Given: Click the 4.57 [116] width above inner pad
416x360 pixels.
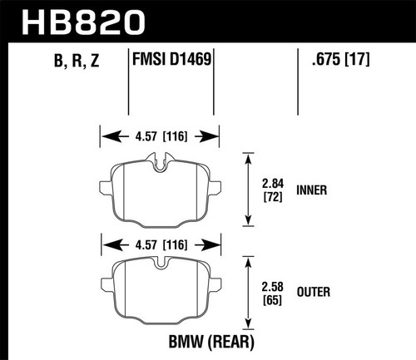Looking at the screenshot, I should [x=159, y=135].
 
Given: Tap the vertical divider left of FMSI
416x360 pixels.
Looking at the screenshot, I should [x=128, y=83].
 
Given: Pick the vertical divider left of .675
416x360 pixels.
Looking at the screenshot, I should [x=299, y=83].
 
